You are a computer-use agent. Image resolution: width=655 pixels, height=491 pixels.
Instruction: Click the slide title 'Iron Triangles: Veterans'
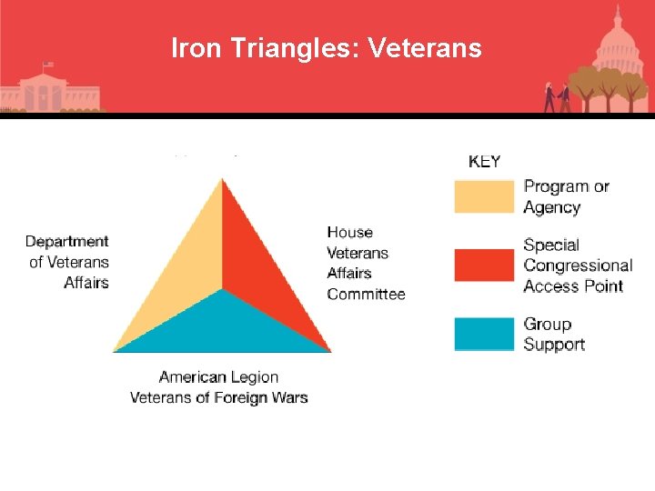326,47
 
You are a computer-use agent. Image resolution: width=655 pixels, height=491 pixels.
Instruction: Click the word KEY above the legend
484,162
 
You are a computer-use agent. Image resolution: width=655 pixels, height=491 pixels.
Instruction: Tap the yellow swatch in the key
484,196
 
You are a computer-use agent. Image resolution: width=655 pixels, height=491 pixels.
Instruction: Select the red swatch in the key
484,265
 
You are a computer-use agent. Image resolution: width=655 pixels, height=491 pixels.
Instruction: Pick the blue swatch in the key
484,334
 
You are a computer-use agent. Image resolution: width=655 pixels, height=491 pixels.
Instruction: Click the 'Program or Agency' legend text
566,196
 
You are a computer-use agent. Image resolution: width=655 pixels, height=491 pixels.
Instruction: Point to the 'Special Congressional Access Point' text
578,265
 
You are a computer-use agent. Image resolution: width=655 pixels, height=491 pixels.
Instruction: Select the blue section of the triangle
223,327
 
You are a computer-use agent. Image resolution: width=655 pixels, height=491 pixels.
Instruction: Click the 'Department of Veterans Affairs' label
68,262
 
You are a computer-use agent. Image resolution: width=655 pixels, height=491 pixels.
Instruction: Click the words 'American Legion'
218,376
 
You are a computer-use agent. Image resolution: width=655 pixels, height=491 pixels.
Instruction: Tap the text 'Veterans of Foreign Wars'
218,397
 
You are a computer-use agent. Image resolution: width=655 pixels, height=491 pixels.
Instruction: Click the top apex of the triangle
222,179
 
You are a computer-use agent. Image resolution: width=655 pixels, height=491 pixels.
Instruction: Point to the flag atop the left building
48,65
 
